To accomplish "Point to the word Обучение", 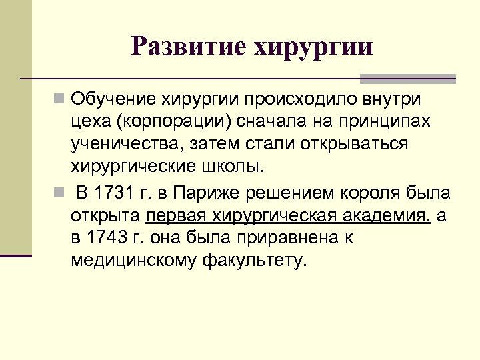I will pyautogui.click(x=113, y=99).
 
